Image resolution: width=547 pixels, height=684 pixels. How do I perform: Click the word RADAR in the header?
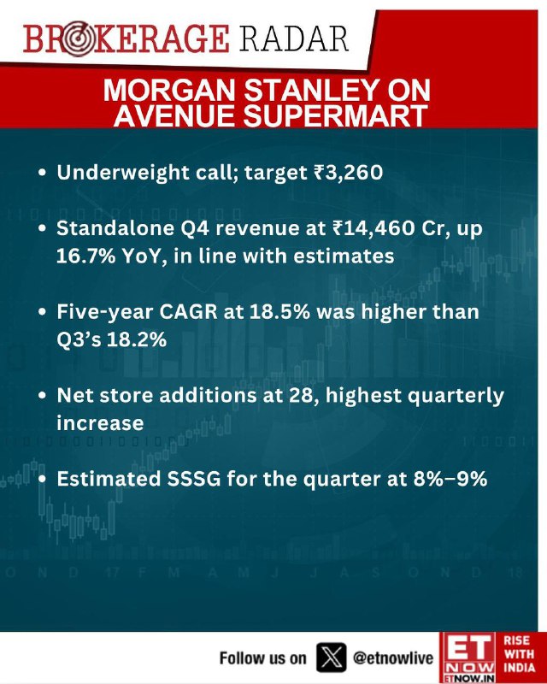(293, 39)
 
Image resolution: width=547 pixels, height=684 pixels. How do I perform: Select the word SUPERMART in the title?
(335, 115)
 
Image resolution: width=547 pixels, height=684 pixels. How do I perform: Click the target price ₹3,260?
(348, 173)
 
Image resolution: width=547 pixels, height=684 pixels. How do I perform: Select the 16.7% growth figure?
(86, 256)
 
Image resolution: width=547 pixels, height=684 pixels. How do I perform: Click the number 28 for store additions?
(302, 396)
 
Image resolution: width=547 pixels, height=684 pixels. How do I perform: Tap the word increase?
(100, 423)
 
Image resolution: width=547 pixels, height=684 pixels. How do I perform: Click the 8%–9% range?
(450, 479)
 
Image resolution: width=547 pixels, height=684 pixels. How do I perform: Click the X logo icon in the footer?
(332, 657)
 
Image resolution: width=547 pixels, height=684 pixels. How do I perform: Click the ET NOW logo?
(468, 657)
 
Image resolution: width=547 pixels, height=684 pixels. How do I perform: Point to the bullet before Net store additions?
(42, 396)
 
